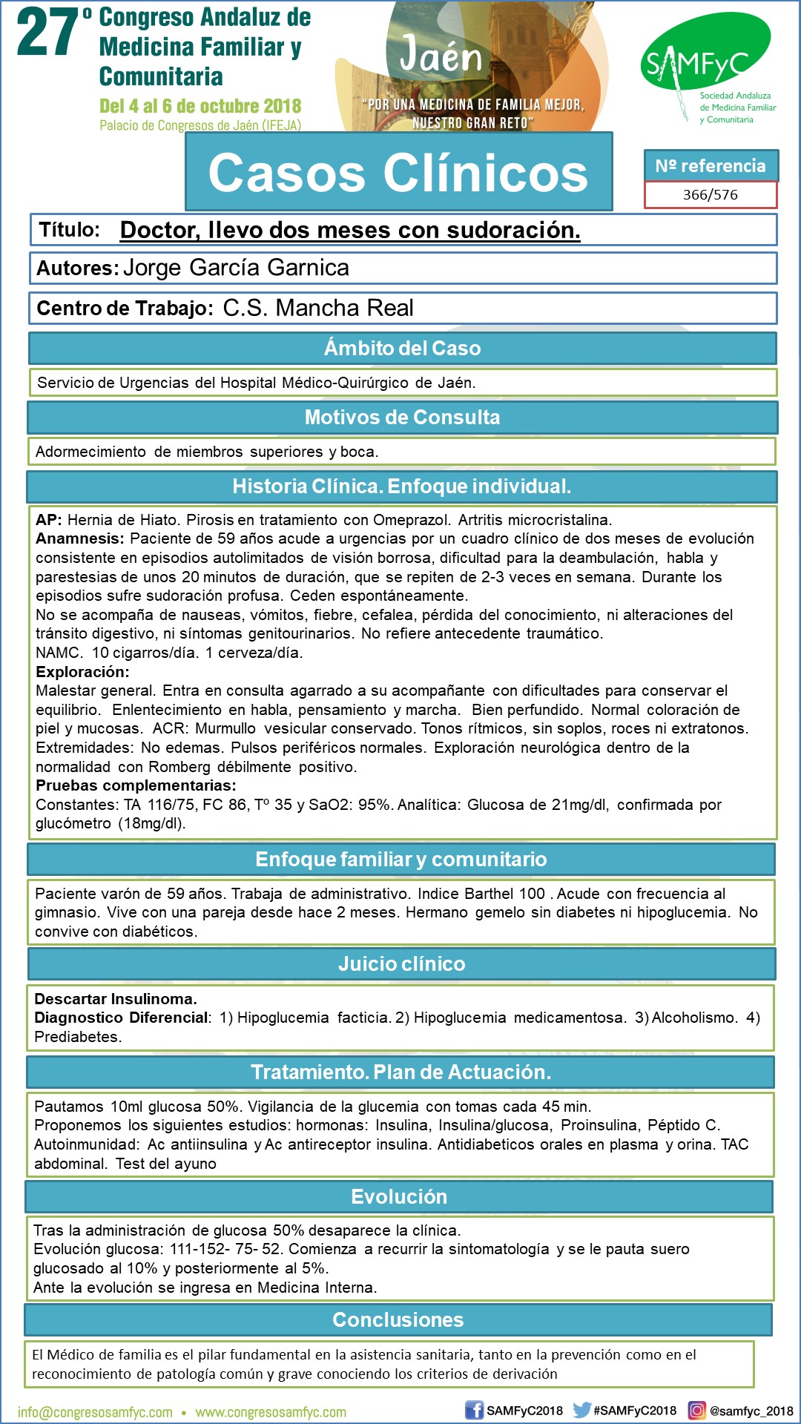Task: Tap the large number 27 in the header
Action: pyautogui.click(x=47, y=33)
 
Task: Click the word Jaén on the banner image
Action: pyautogui.click(x=441, y=56)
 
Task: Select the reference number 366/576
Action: pyautogui.click(x=710, y=195)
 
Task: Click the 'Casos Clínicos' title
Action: pyautogui.click(x=398, y=173)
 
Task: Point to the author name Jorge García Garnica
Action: pyautogui.click(x=236, y=268)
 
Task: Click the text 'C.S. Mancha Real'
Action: pyautogui.click(x=318, y=308)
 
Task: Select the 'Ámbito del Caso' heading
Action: pyautogui.click(x=402, y=348)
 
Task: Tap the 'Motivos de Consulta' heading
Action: pyautogui.click(x=402, y=417)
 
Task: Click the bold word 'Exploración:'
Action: pyautogui.click(x=82, y=672)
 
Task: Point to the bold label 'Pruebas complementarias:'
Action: pyautogui.click(x=136, y=785)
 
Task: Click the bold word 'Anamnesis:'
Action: pyautogui.click(x=80, y=538)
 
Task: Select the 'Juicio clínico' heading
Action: pyautogui.click(x=401, y=963)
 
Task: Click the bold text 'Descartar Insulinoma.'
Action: pyautogui.click(x=116, y=998)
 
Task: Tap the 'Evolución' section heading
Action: pyautogui.click(x=399, y=1196)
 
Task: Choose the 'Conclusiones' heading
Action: pyautogui.click(x=398, y=1319)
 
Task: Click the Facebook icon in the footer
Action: pyautogui.click(x=474, y=1410)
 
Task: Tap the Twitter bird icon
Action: pyautogui.click(x=581, y=1410)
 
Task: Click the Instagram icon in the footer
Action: pyautogui.click(x=696, y=1410)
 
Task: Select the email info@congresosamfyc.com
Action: pyautogui.click(x=95, y=1412)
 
